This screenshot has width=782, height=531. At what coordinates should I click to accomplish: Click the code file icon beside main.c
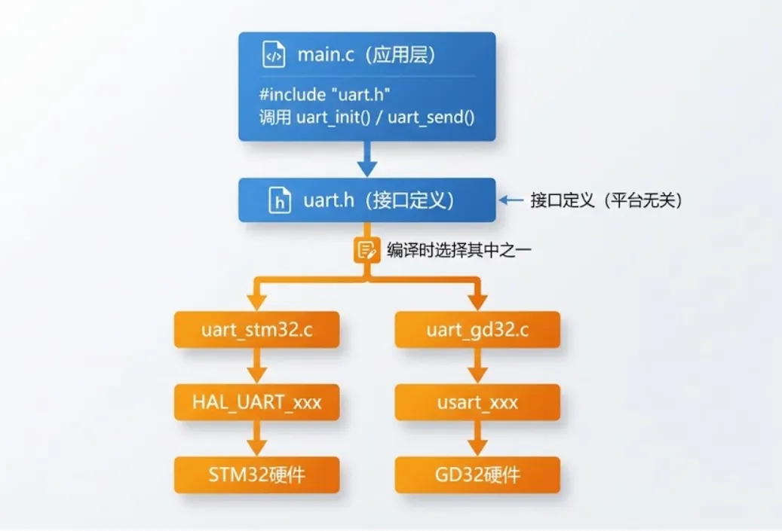click(x=274, y=56)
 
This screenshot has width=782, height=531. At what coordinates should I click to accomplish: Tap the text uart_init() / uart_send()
click(x=388, y=118)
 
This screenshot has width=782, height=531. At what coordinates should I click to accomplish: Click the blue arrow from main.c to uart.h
click(x=366, y=160)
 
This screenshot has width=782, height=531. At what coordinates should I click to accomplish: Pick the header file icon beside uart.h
click(x=281, y=201)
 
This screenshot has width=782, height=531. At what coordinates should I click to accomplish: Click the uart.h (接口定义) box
click(x=366, y=200)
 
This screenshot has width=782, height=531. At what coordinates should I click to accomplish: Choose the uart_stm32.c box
click(x=256, y=330)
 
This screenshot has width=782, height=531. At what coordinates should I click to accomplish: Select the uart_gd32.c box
click(x=477, y=330)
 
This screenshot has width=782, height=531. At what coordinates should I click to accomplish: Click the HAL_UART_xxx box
click(x=256, y=402)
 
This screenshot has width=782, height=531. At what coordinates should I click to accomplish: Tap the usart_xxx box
click(x=477, y=402)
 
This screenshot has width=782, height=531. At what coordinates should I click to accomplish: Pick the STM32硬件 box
click(x=256, y=475)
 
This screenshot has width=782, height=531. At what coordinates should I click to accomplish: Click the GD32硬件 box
click(x=477, y=475)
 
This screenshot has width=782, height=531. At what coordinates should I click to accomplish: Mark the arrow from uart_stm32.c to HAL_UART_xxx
click(x=256, y=366)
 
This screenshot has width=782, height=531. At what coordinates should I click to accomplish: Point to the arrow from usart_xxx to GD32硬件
click(x=477, y=438)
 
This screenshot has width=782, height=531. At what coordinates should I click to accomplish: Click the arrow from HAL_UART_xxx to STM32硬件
click(x=256, y=438)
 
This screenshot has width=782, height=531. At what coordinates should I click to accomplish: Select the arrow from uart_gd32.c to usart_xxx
click(x=477, y=366)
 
